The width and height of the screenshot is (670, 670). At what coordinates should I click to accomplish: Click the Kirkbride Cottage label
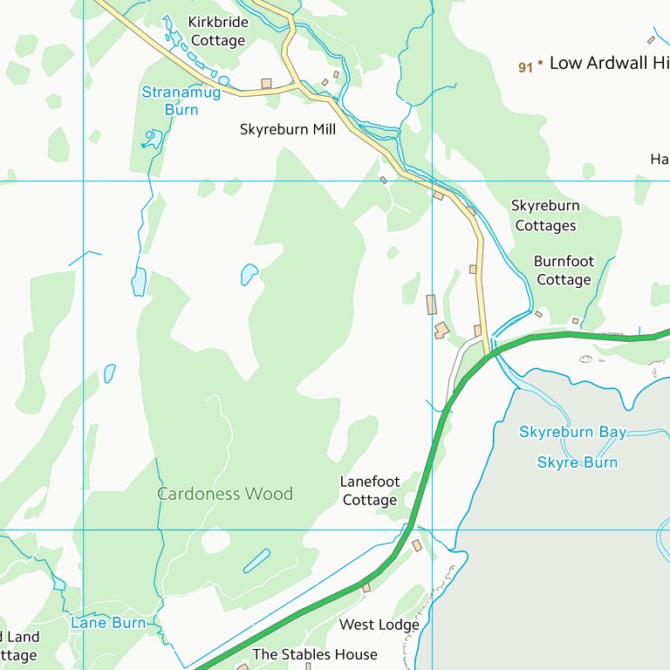click(217, 31)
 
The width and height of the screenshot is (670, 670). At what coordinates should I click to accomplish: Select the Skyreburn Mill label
click(287, 129)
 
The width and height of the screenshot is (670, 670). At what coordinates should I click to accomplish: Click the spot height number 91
click(524, 67)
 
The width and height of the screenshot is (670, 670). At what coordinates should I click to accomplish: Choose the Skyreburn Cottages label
click(545, 215)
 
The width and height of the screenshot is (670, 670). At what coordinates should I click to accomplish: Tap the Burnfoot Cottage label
click(563, 270)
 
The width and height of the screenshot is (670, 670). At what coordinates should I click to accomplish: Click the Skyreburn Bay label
click(572, 432)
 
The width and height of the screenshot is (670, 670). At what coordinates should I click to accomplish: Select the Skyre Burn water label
click(577, 462)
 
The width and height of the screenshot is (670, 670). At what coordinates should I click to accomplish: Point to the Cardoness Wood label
click(225, 494)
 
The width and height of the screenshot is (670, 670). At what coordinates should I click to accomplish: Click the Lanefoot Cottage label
click(370, 490)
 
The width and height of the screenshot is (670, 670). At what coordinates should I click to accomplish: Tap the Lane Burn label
click(108, 622)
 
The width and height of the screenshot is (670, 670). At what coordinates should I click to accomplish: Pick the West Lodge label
click(379, 625)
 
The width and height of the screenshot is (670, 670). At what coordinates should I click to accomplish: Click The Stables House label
click(315, 654)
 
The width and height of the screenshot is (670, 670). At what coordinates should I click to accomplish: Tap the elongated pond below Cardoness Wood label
click(256, 560)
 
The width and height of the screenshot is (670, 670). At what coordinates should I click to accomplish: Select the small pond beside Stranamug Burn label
click(154, 138)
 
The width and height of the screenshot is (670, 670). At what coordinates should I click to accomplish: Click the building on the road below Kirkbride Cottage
click(266, 84)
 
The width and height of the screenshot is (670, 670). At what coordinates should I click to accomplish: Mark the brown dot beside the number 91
click(540, 63)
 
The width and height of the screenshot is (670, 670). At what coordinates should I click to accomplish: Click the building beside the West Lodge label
click(366, 587)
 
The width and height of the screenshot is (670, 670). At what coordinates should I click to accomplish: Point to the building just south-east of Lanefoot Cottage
click(417, 545)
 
